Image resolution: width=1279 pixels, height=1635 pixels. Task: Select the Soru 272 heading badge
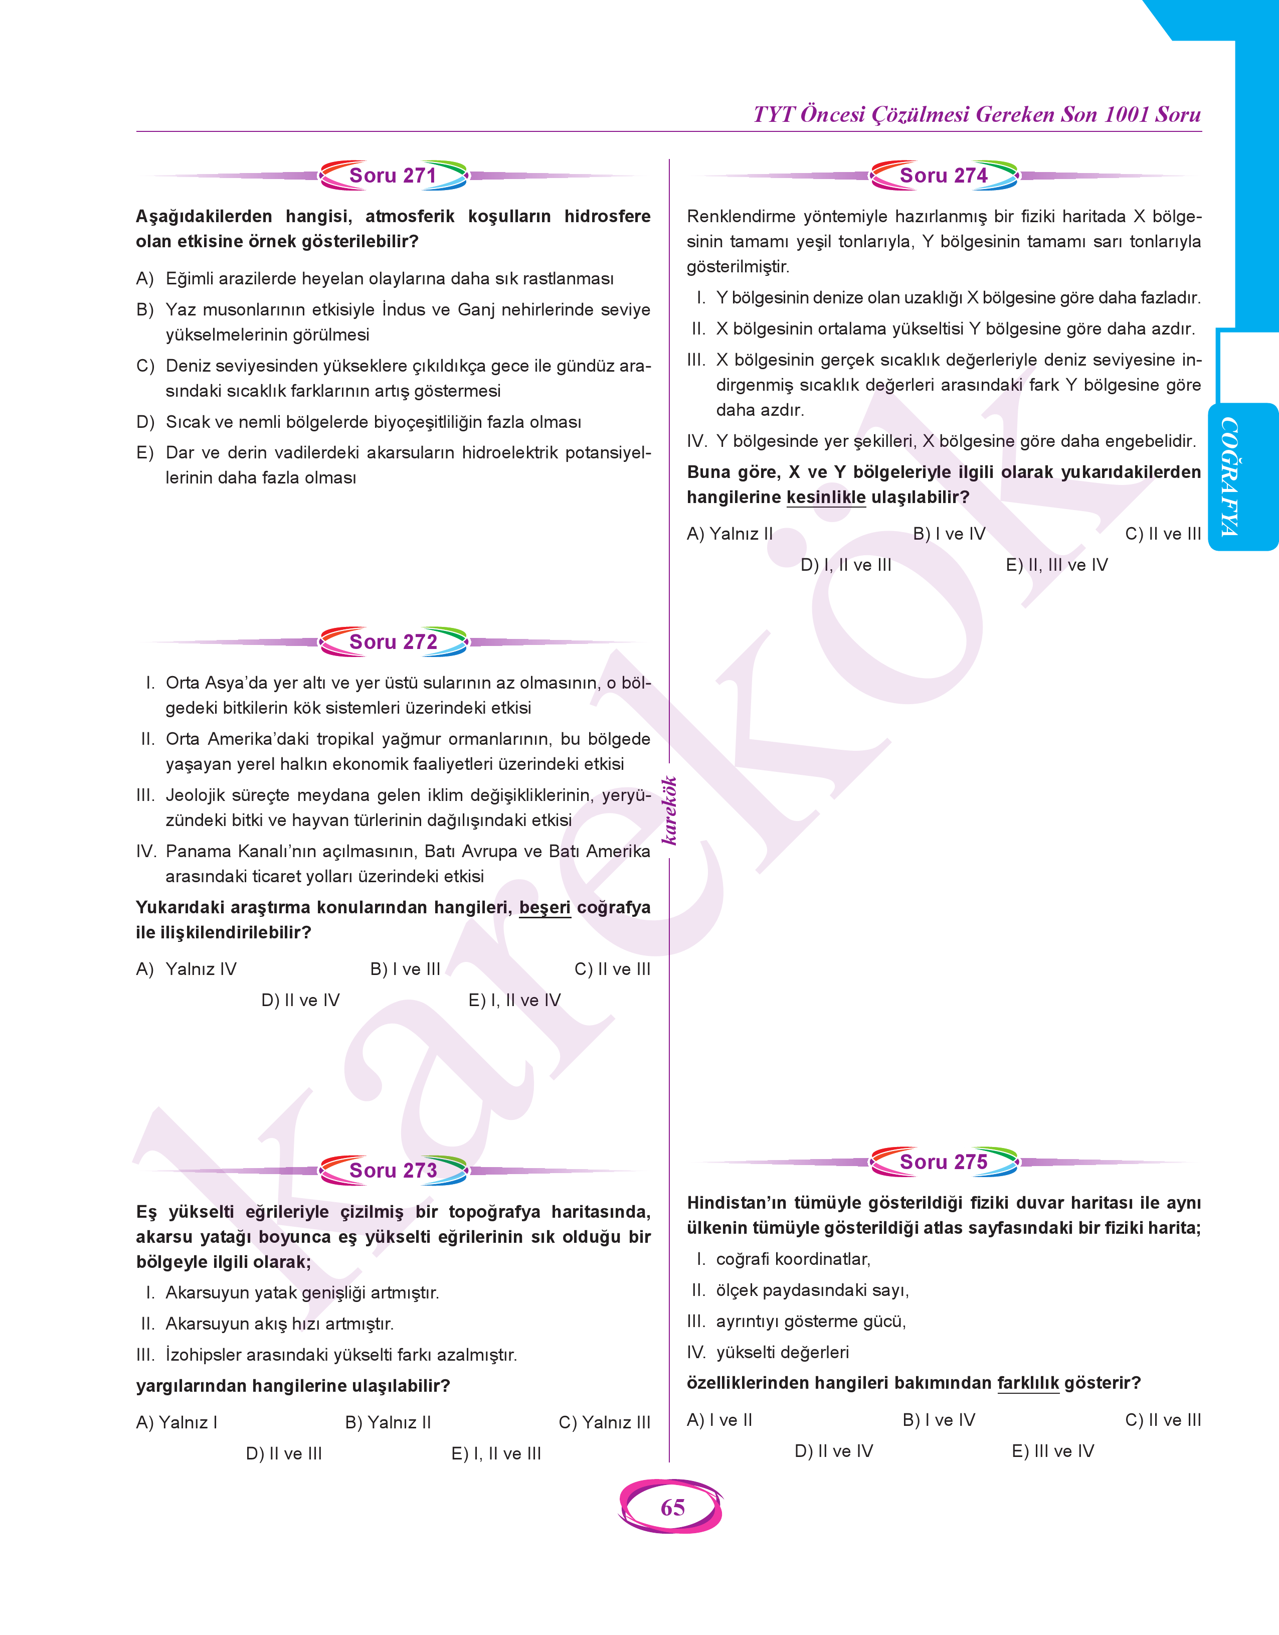[x=393, y=642]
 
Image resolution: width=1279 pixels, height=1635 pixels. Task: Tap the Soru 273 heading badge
[x=393, y=1171]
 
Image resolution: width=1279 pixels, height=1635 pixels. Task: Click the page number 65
[x=672, y=1508]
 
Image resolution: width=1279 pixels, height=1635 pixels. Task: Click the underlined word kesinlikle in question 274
[x=825, y=498]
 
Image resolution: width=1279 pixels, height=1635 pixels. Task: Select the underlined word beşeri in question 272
[x=544, y=908]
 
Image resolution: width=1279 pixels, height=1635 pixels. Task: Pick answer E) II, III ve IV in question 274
[x=1056, y=565]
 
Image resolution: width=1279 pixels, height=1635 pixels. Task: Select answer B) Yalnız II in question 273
[x=388, y=1423]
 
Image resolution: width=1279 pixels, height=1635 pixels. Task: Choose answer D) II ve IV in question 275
[x=833, y=1451]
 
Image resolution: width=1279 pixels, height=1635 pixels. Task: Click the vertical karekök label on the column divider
[x=669, y=811]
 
